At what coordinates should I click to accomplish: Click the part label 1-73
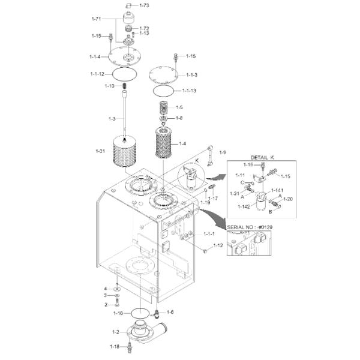coord(144,5)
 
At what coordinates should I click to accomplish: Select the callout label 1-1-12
coord(97,74)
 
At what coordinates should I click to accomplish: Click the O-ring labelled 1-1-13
coord(163,91)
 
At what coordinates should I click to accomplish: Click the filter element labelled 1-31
coord(125,152)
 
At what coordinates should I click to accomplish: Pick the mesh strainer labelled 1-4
coord(164,143)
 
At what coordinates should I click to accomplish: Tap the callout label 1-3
coord(112,119)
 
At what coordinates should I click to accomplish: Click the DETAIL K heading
coord(262,157)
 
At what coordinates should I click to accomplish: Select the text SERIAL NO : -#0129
coord(250,227)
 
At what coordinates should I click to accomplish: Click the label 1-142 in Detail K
coord(244,206)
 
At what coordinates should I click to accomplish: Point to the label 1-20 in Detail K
coord(288,199)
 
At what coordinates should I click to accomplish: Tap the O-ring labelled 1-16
coord(140,313)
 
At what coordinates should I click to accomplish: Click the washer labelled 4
coord(118,289)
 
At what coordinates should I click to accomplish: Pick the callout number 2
coord(106,305)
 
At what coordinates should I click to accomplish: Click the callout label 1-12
coord(218,245)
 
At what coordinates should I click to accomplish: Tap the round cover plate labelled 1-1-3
coord(163,74)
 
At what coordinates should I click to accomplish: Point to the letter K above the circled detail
coord(197,160)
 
